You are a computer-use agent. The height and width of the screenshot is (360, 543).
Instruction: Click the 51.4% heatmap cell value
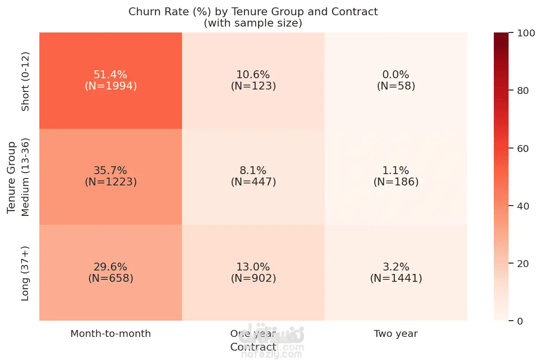[111, 74]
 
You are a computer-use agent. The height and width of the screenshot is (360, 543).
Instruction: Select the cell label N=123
[253, 86]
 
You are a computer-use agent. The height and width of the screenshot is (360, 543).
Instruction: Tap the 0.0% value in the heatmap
[396, 74]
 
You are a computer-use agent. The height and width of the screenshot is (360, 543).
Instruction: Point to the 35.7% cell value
[111, 170]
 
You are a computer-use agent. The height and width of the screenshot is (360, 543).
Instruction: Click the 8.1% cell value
[253, 170]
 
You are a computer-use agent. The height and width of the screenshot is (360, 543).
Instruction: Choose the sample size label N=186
[396, 182]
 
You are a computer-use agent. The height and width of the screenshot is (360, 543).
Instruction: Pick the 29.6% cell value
[111, 267]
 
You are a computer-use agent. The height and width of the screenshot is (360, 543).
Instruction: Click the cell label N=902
[253, 278]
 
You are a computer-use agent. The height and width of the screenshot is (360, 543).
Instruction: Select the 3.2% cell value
[396, 267]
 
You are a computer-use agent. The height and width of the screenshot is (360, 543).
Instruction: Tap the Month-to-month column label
[111, 333]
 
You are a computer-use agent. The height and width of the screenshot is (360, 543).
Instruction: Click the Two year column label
[396, 333]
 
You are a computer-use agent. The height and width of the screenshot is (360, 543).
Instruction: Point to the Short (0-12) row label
[25, 81]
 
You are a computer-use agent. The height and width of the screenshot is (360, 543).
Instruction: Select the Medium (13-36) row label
[25, 177]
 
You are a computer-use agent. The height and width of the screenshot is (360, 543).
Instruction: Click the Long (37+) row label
[25, 273]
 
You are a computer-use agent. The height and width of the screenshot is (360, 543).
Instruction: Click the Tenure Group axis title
[11, 177]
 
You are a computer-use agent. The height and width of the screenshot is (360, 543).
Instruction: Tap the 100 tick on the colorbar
[526, 33]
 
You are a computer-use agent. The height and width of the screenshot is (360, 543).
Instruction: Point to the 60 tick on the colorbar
[523, 149]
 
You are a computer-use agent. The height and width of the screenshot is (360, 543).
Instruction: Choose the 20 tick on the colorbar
[523, 264]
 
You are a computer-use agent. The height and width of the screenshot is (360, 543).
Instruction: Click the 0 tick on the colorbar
[520, 321]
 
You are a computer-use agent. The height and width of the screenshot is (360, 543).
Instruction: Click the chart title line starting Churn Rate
[253, 11]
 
